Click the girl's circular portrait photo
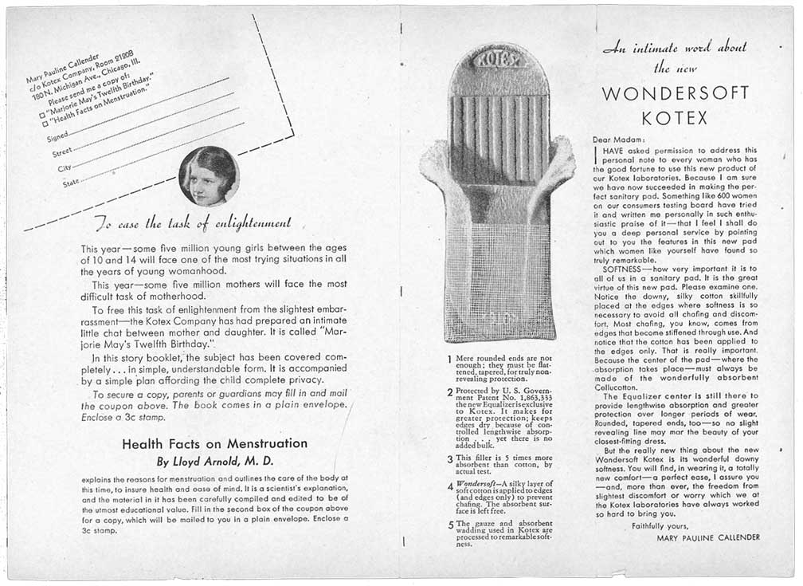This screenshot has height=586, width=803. pyautogui.click(x=210, y=176)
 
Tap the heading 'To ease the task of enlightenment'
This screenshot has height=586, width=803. pyautogui.click(x=193, y=222)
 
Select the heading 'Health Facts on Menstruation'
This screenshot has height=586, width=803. pyautogui.click(x=214, y=443)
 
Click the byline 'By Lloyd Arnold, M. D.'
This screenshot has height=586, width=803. pyautogui.click(x=214, y=461)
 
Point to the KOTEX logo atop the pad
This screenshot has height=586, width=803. pyautogui.click(x=498, y=59)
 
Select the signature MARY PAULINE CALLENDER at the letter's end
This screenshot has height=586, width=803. pyautogui.click(x=708, y=537)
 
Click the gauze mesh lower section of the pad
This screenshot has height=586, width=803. pyautogui.click(x=499, y=279)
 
